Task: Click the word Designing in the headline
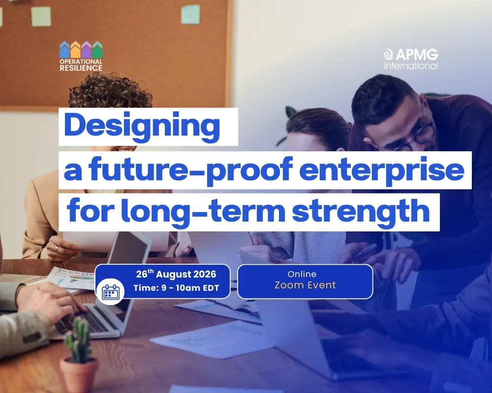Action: [142, 126]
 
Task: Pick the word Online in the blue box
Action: [302, 274]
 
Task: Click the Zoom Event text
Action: [305, 285]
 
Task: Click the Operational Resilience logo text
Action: [81, 64]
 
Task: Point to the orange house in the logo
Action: [75, 49]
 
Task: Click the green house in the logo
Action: [97, 49]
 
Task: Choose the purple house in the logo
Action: [87, 49]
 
